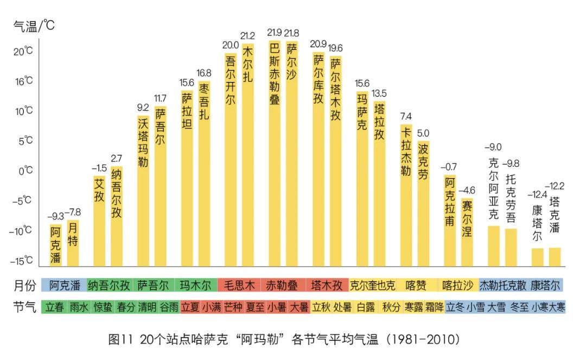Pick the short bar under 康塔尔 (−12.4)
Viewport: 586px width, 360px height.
click(x=537, y=257)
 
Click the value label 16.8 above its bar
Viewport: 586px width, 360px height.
click(x=204, y=73)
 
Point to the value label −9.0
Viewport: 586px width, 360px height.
click(x=493, y=147)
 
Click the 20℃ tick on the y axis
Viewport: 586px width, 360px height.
click(x=23, y=52)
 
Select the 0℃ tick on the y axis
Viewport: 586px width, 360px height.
click(x=25, y=170)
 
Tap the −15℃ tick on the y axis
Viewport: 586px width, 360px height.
click(x=22, y=261)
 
